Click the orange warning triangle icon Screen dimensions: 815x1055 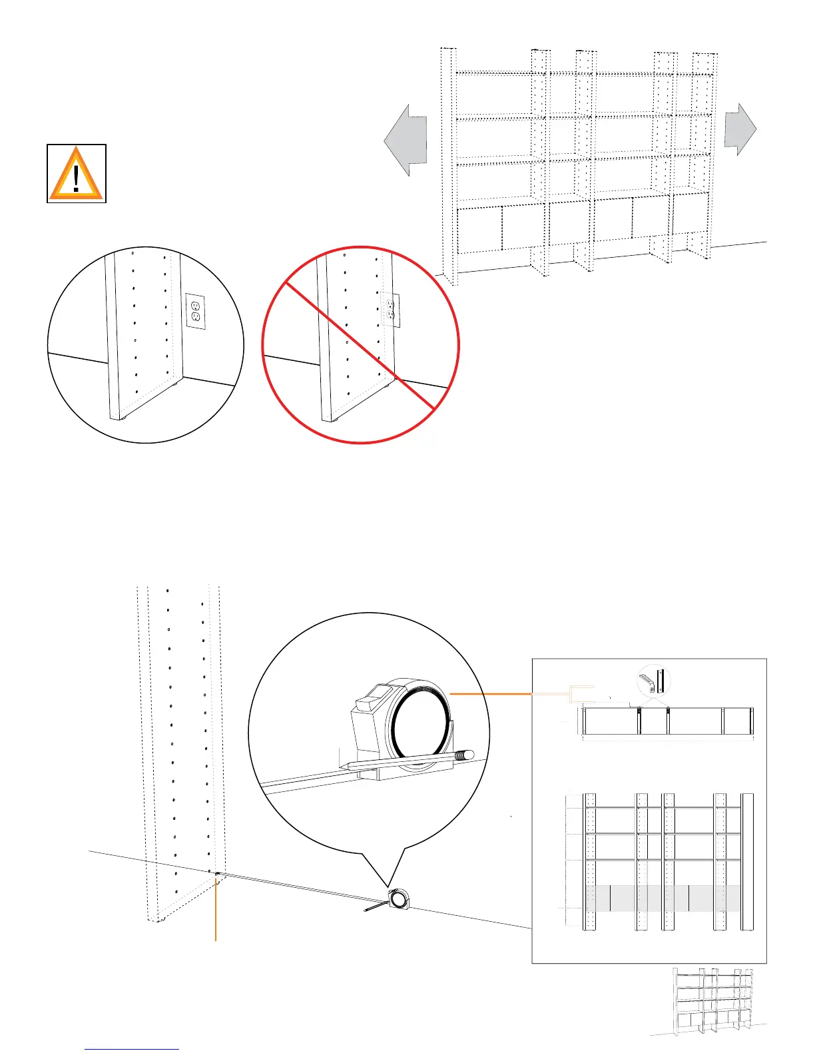coord(77,175)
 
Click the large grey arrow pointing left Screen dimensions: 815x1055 coord(405,140)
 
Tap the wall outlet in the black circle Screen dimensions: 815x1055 coord(196,311)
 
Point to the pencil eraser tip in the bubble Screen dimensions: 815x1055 coord(468,755)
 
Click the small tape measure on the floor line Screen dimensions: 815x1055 coord(400,898)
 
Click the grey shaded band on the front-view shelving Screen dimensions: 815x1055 coord(663,898)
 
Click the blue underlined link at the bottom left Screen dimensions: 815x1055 coord(132,1049)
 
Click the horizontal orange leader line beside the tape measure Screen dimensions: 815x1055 coord(491,694)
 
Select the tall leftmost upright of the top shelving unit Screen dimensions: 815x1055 coord(447,167)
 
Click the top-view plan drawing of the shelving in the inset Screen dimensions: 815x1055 coord(667,721)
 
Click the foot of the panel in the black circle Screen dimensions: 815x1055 coord(123,418)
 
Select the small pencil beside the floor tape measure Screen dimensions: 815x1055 coord(374,907)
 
